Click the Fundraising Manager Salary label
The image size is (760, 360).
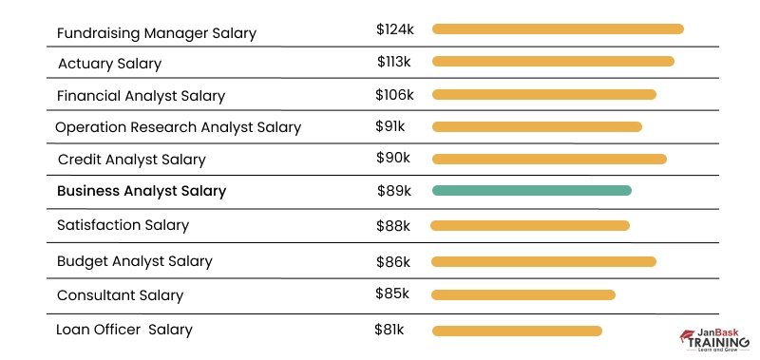(x=157, y=33)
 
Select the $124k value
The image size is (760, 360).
(x=394, y=29)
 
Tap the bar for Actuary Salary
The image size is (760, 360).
(x=553, y=62)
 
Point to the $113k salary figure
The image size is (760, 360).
(x=394, y=62)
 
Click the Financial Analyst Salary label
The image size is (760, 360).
(x=141, y=96)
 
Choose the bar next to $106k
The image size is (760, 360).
(x=543, y=95)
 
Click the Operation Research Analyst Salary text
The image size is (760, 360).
(x=178, y=127)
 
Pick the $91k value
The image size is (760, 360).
(x=390, y=126)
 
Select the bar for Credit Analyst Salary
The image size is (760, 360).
(x=549, y=159)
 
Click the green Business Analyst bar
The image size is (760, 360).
(x=531, y=191)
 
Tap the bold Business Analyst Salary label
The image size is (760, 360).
(x=142, y=191)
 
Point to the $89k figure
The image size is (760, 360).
(x=394, y=191)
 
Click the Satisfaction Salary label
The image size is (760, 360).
(x=123, y=225)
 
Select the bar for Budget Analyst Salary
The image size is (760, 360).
(x=543, y=261)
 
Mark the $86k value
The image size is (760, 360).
(x=394, y=259)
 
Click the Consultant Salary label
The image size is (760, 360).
(x=121, y=295)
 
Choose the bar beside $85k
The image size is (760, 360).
(x=523, y=294)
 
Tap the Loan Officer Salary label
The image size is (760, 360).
(x=124, y=330)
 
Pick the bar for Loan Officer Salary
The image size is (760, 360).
(x=517, y=331)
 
